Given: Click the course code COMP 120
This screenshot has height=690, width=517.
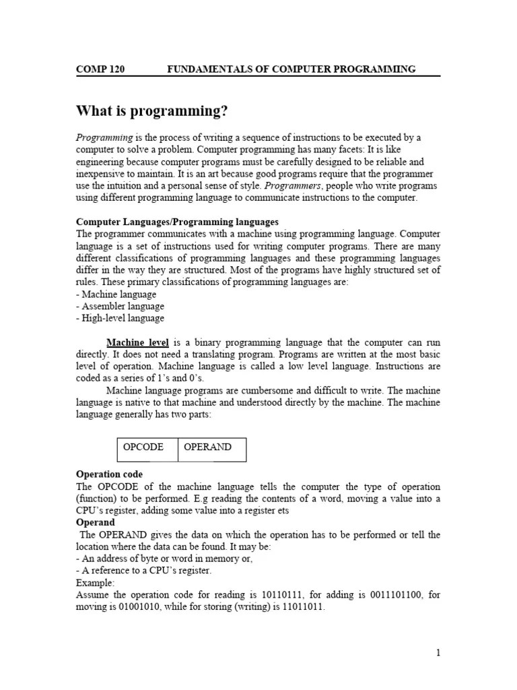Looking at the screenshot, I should click(x=100, y=69).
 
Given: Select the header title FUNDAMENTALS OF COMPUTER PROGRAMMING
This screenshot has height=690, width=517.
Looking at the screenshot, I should click(x=291, y=69).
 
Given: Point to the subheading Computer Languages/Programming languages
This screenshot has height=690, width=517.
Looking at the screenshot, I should click(x=177, y=222).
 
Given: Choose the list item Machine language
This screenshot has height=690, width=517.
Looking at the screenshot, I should click(x=116, y=294).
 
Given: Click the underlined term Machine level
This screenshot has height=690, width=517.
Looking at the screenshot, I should click(x=138, y=343).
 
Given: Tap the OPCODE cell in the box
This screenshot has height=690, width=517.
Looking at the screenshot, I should click(x=142, y=447).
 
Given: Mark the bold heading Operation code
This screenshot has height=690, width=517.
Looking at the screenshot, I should click(x=109, y=474).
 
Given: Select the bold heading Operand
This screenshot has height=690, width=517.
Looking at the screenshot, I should click(x=95, y=522).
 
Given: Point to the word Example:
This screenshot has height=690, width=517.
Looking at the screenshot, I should click(x=96, y=583).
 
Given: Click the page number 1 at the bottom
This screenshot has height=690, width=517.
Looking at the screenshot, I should click(x=438, y=653).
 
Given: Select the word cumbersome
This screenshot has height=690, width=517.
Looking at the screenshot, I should click(x=263, y=391).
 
